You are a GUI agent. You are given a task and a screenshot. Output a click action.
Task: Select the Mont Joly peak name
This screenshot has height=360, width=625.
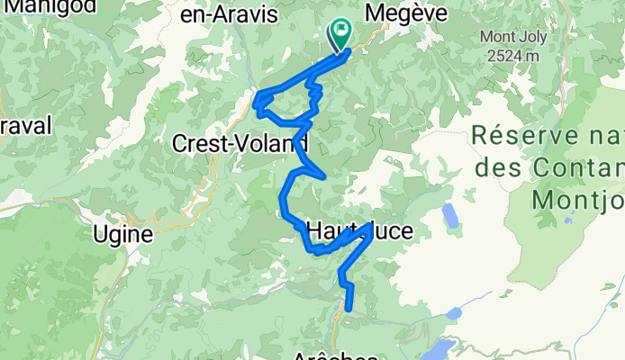[510, 37]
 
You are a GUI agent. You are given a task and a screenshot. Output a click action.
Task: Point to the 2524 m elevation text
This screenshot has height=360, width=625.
[510, 54]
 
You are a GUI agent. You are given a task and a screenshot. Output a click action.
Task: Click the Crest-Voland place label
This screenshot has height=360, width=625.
[240, 143]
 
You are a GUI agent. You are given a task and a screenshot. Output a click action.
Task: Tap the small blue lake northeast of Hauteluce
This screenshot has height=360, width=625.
[449, 216]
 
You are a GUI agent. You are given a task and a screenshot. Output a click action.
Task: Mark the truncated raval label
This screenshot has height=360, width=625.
[26, 123]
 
